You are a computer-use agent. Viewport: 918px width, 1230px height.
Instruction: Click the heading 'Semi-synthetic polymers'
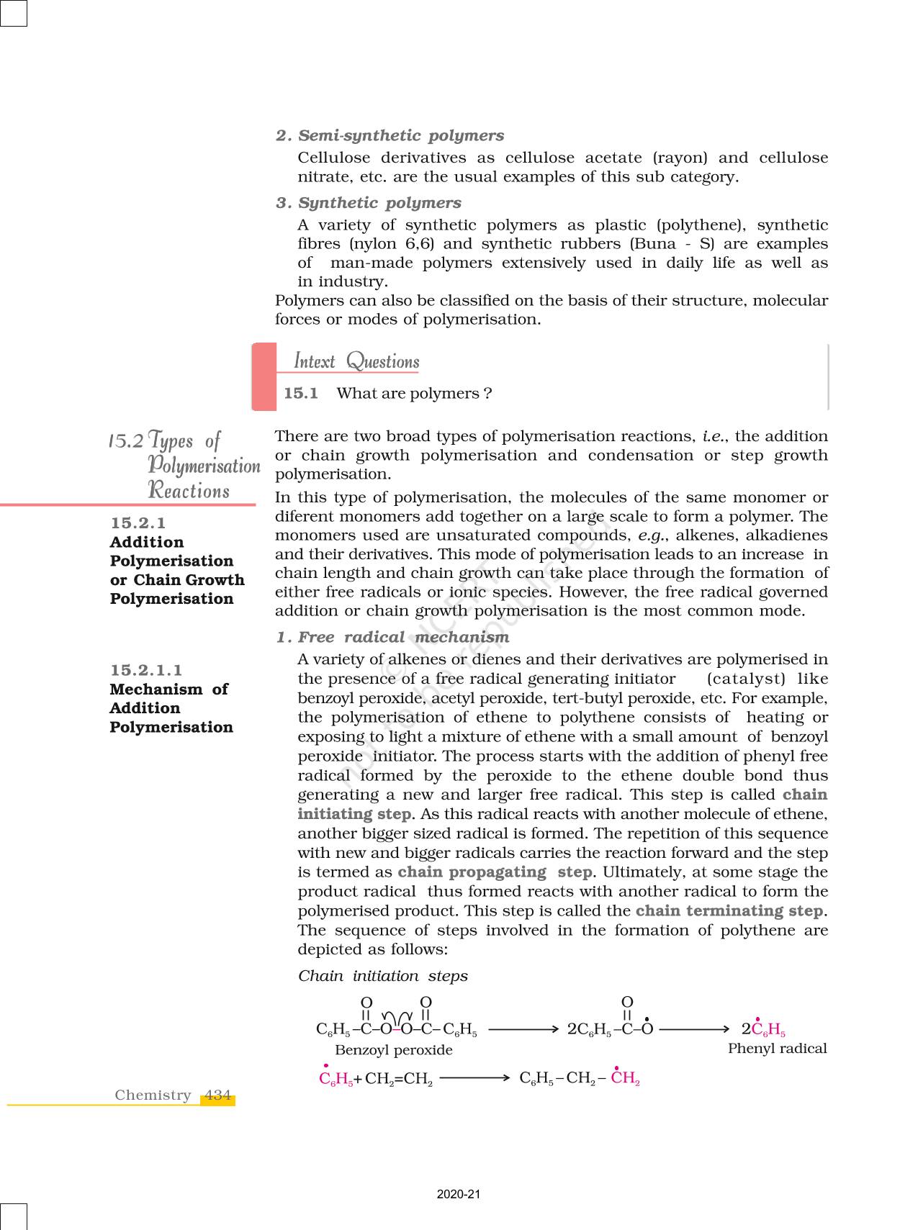pos(400,135)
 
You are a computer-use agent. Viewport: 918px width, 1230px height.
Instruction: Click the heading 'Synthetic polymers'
pos(379,203)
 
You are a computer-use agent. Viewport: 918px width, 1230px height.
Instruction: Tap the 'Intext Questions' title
pos(356,361)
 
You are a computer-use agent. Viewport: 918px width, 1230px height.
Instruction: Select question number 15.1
pos(301,393)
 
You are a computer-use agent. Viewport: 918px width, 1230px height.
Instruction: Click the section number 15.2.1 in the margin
pos(138,523)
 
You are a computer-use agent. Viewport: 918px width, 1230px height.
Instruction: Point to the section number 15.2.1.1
pos(145,670)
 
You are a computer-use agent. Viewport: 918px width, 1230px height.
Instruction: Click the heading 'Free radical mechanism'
pos(403,637)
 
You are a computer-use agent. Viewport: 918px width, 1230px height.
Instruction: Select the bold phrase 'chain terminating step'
pos(729,910)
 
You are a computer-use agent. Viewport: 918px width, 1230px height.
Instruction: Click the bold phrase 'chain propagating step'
pos(495,872)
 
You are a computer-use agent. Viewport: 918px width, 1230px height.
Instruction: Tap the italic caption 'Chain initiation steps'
pos(383,976)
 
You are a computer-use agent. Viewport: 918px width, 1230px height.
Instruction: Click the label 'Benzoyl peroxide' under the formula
pos(394,1050)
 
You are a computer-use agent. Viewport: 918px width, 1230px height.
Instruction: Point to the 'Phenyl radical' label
pos(777,1049)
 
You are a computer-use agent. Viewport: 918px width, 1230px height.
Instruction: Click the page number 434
pos(217,1095)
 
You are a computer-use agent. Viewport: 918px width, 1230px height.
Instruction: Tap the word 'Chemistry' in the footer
pos(153,1095)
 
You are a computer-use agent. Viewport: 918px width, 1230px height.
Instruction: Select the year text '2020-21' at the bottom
pos(459,1194)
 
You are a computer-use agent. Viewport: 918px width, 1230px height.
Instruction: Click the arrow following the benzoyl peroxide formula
pos(523,1029)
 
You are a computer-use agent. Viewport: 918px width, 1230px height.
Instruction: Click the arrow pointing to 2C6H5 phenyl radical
pos(694,1029)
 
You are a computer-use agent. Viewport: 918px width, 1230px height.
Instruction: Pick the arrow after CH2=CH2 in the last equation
pos(474,1078)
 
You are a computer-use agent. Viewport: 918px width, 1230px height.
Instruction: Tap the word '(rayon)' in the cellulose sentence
pos(680,158)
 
